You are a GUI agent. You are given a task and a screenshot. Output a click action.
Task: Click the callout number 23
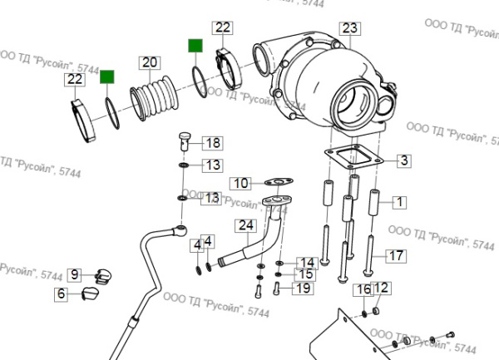coord(349,28)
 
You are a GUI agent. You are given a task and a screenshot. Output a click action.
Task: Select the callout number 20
coord(149,62)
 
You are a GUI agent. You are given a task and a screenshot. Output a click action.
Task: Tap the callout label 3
coord(402,160)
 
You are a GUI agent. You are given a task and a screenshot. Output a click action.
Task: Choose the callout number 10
coord(240,183)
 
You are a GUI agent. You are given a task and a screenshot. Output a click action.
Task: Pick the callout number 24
coord(245,225)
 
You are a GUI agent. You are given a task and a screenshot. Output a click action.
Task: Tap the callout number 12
coord(381,288)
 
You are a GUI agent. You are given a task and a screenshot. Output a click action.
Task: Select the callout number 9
coord(73,274)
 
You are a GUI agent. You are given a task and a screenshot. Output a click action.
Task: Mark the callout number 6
coord(62,293)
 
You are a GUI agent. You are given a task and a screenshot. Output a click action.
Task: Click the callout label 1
coord(398,201)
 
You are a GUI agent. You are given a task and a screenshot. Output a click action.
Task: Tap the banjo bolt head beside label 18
coord(185,139)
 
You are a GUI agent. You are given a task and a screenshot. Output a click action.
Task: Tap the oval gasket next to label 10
coord(278,180)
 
